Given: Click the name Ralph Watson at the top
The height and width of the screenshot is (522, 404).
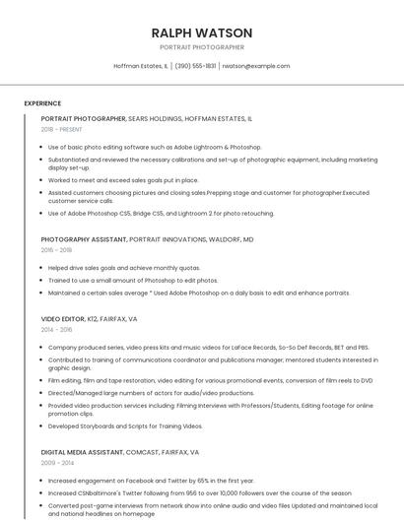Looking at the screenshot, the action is [202, 33].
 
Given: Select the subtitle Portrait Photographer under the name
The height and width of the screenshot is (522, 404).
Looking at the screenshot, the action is [202, 47].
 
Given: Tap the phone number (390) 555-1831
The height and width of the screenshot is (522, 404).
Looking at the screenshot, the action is [195, 66].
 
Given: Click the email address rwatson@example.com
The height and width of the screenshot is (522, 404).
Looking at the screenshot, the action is [255, 66].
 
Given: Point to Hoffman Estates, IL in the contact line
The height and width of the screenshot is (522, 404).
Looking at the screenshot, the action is [141, 66].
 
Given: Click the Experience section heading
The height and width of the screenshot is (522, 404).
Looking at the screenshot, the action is [42, 103].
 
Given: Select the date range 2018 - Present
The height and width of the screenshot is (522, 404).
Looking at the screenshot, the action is [61, 129].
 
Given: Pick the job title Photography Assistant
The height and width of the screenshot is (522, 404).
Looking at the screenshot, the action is [84, 239].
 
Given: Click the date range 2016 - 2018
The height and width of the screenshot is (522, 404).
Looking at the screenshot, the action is [57, 250].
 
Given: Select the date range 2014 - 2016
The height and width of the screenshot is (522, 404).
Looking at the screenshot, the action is [57, 330].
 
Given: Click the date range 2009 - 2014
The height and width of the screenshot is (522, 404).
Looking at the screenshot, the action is [57, 462].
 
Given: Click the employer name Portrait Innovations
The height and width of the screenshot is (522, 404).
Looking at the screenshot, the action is [170, 239].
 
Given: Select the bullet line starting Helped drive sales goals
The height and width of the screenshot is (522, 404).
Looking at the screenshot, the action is [124, 267].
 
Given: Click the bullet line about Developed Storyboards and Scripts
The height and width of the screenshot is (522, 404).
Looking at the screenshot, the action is [125, 426].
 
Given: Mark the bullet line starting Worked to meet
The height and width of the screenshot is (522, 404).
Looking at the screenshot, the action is [123, 180].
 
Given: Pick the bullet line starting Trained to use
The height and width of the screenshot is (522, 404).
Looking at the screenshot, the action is [133, 280].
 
